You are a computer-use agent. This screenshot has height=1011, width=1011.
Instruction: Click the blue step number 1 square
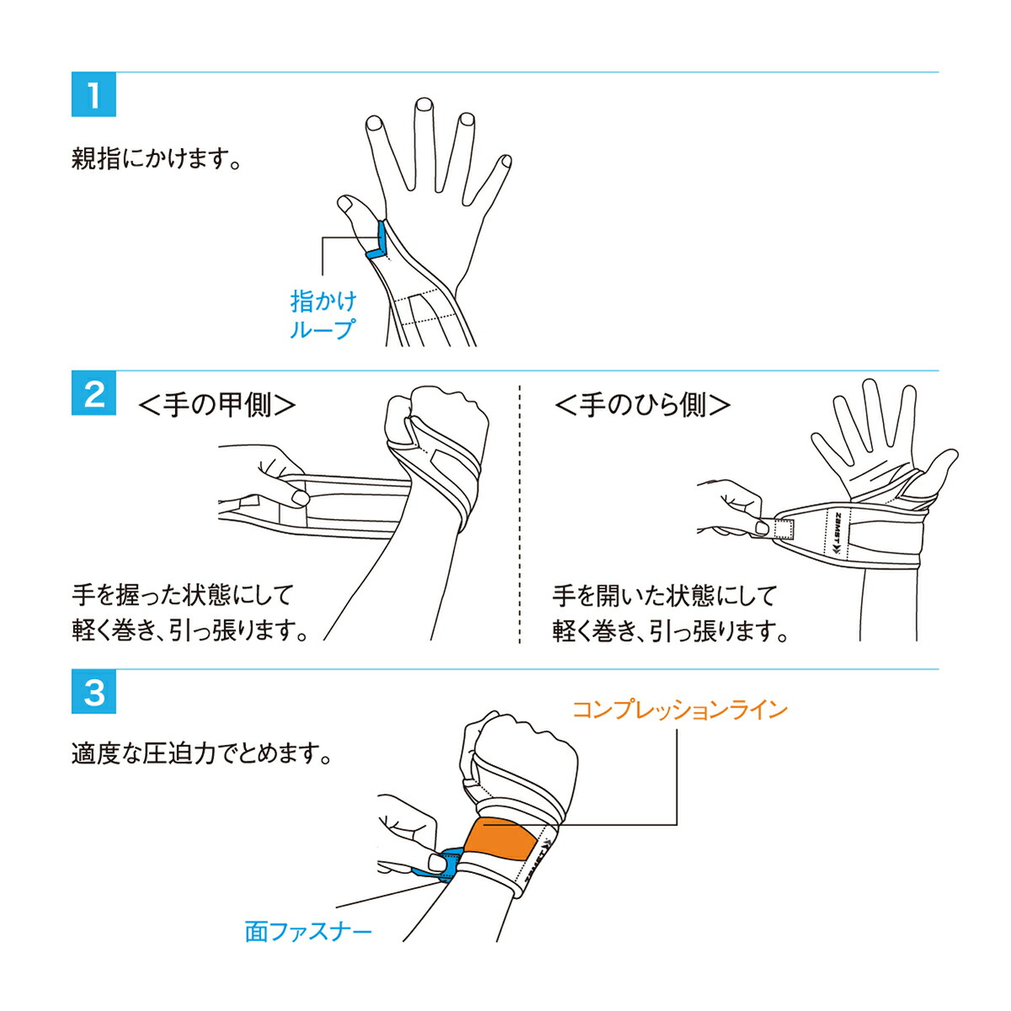point(94,94)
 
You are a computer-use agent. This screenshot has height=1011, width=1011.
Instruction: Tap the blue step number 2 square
point(94,393)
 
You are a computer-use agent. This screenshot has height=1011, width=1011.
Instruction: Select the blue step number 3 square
point(94,692)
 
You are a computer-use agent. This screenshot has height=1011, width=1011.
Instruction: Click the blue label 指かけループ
point(324,315)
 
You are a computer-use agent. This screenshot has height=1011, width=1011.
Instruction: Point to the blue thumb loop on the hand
point(379,240)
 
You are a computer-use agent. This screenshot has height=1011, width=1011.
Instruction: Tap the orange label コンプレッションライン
point(680,711)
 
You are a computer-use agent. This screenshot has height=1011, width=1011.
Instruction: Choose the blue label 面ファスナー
point(308,930)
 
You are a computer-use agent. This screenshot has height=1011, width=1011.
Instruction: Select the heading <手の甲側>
point(217,405)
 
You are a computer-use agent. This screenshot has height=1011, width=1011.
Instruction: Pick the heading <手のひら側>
point(643,405)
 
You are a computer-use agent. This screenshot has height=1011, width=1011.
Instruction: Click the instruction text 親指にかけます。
point(156,158)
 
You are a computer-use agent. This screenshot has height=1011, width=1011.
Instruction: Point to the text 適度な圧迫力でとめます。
point(201,754)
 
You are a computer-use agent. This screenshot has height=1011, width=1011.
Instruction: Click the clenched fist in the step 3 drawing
point(525,756)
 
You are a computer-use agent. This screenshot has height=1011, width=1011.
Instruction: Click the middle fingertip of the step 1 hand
point(423,105)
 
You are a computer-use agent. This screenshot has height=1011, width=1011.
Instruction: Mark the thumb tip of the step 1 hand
point(345,204)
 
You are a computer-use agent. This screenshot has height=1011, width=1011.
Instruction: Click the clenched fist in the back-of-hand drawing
point(436,420)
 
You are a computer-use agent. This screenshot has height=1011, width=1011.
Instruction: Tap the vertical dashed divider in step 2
point(520,514)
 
